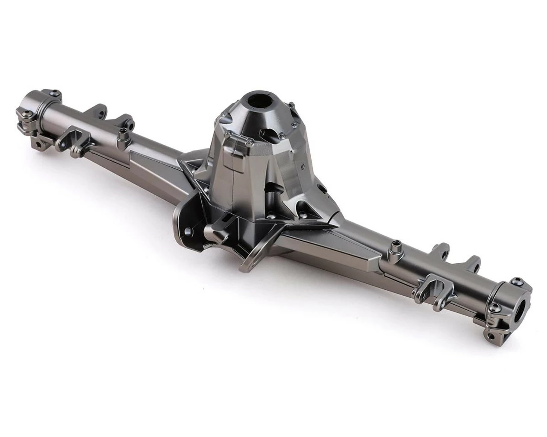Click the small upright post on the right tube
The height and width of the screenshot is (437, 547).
click(x=397, y=245)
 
